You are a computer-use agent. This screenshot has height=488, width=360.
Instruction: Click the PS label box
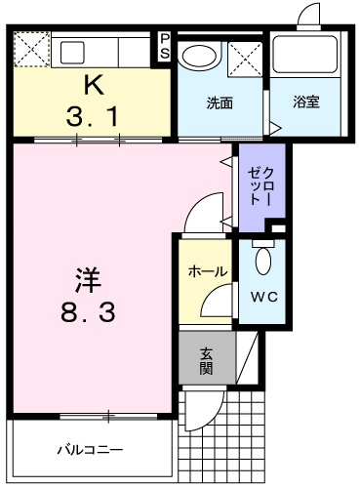coord(165,46)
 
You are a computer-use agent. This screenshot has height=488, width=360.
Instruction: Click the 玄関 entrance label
coord(206,360)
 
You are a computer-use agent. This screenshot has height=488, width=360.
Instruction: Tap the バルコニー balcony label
coord(89,450)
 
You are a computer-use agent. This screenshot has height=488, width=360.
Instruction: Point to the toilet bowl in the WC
coord(262,261)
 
